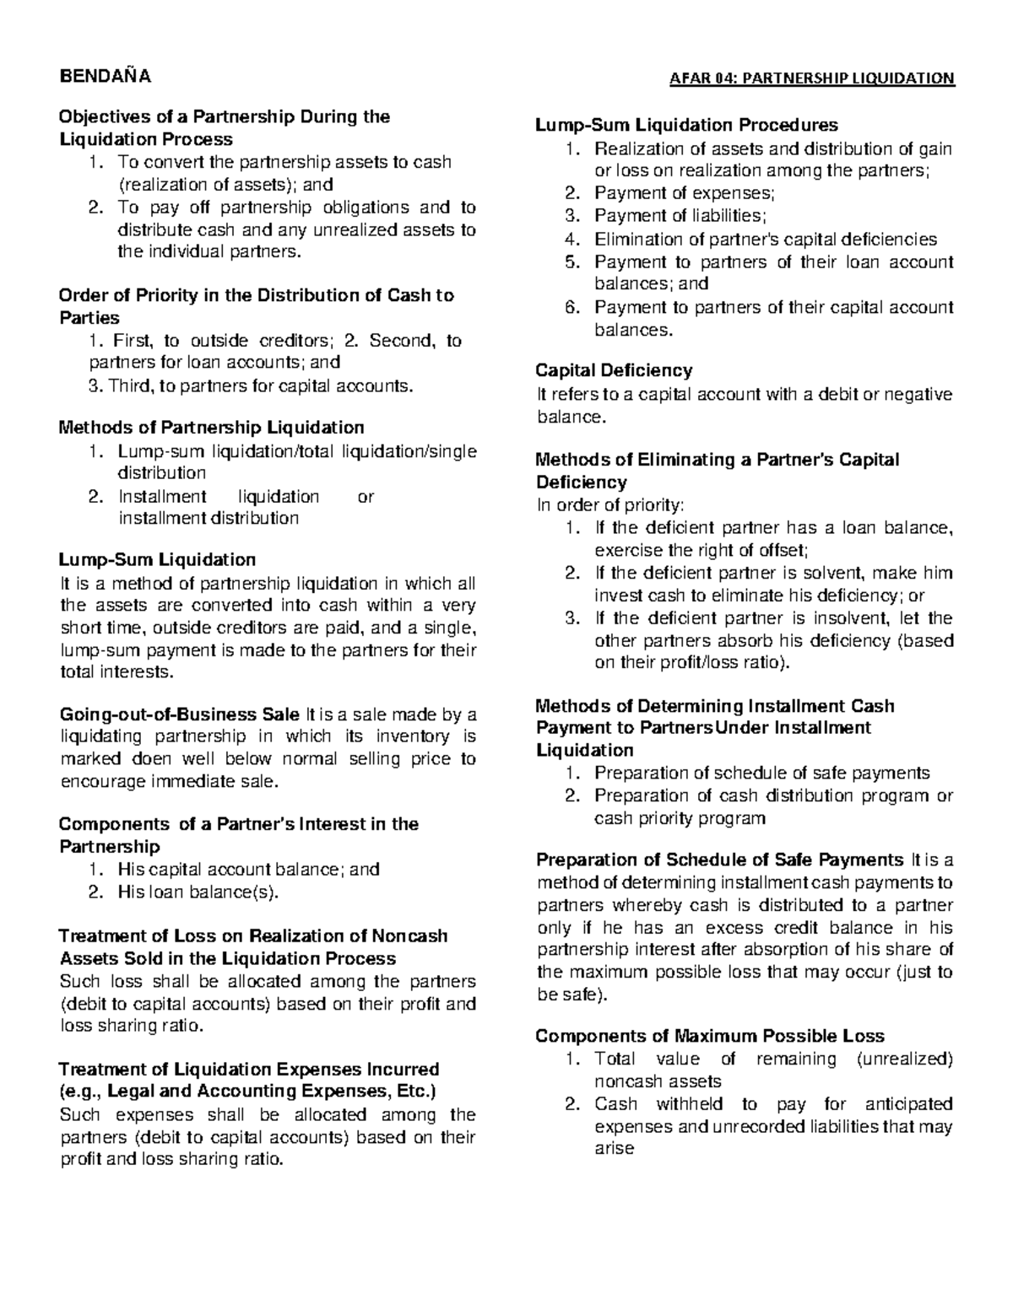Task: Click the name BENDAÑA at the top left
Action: click(x=104, y=78)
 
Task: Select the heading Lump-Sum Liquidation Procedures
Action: click(x=686, y=126)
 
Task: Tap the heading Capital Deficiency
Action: click(x=614, y=370)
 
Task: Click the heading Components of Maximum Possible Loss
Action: click(x=710, y=1036)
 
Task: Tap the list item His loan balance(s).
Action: click(x=198, y=892)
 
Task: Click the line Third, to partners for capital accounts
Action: click(x=252, y=385)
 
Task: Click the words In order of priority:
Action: click(x=611, y=505)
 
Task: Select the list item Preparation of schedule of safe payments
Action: click(x=761, y=773)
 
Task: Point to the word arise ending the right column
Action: click(x=614, y=1149)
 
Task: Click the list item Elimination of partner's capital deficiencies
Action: click(x=765, y=240)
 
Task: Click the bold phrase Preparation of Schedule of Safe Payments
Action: click(x=719, y=860)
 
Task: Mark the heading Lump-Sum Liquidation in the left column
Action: click(x=156, y=560)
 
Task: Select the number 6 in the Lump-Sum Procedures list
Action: click(x=572, y=307)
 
